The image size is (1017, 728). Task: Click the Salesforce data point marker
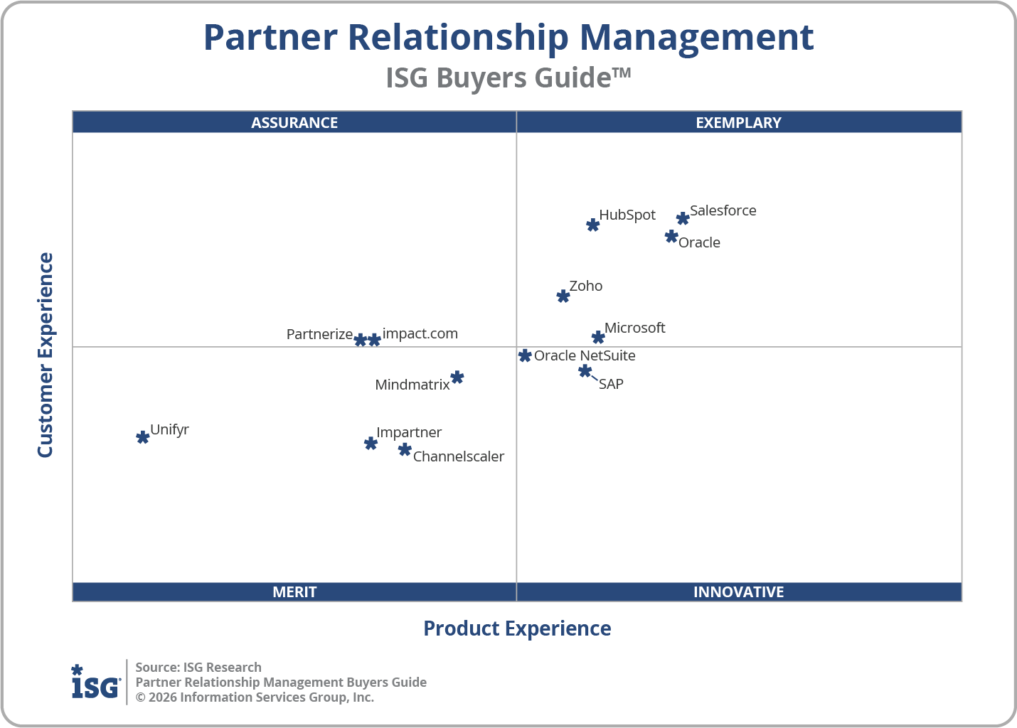[683, 218]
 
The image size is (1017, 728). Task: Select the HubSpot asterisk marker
[592, 225]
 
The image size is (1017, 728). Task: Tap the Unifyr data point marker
[143, 437]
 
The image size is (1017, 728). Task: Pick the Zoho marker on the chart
[563, 296]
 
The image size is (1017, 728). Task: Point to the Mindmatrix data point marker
[457, 378]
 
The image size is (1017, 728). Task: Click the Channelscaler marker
[405, 449]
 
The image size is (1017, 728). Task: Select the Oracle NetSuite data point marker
[525, 355]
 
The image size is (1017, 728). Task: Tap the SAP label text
[611, 385]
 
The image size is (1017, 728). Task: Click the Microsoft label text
[634, 328]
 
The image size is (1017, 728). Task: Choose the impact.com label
[420, 333]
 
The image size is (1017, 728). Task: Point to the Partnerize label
[319, 334]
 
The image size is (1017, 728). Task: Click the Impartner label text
[409, 432]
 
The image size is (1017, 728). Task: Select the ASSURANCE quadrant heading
[294, 122]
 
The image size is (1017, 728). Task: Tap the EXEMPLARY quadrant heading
[738, 122]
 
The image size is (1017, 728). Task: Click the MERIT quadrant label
[294, 591]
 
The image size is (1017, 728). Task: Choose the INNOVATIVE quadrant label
[738, 591]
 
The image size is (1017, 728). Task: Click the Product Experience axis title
[517, 628]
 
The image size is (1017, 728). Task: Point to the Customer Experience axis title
[46, 355]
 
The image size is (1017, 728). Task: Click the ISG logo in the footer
[95, 682]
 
